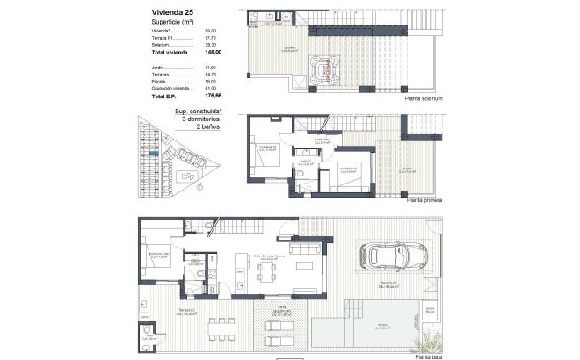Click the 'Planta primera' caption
tap(423, 200)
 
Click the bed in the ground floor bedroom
tap(163, 263)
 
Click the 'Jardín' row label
tap(159, 67)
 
